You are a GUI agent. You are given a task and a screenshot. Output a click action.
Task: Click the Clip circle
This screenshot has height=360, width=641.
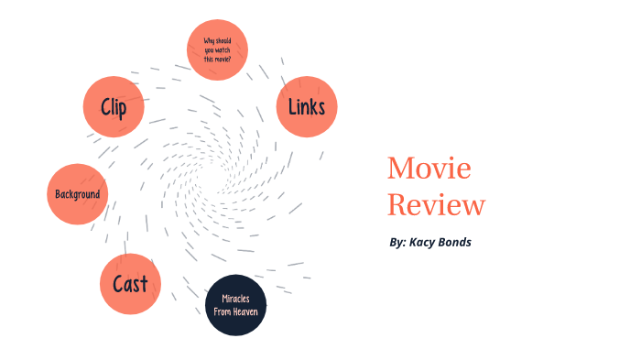(x=114, y=107)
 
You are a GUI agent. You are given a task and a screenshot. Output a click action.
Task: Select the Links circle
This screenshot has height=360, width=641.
(x=307, y=106)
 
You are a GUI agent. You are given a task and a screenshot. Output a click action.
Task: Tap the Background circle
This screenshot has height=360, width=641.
(x=78, y=194)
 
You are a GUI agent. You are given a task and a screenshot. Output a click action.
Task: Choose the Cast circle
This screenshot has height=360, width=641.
(x=130, y=284)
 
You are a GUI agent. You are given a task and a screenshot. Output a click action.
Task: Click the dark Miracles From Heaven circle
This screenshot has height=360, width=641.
(x=235, y=305)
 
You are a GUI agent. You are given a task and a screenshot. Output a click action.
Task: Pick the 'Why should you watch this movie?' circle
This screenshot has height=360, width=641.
(x=217, y=49)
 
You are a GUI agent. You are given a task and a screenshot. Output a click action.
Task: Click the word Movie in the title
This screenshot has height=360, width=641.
(x=429, y=169)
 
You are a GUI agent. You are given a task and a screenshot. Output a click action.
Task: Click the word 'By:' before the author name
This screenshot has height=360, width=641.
(x=397, y=243)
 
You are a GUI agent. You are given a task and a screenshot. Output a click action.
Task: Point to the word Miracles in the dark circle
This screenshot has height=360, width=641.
(x=235, y=299)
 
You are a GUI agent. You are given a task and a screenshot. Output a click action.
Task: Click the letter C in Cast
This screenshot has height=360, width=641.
(x=118, y=284)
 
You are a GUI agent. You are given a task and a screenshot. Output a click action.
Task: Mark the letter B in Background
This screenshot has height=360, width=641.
(x=58, y=194)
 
